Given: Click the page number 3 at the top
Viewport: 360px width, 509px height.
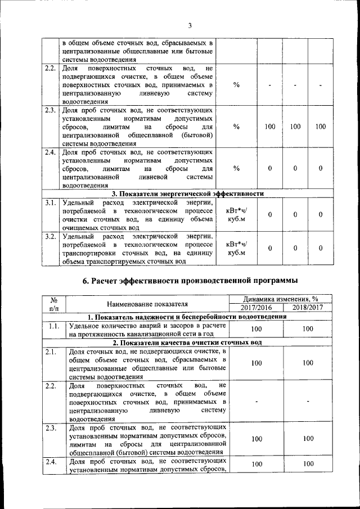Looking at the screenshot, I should pos(190,25).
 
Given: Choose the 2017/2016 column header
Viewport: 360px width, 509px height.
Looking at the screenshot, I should pos(256,308).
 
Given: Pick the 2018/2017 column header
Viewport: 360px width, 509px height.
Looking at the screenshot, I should pos(307,308).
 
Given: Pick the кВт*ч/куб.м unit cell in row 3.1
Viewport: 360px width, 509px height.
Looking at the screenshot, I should pos(236,215).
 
